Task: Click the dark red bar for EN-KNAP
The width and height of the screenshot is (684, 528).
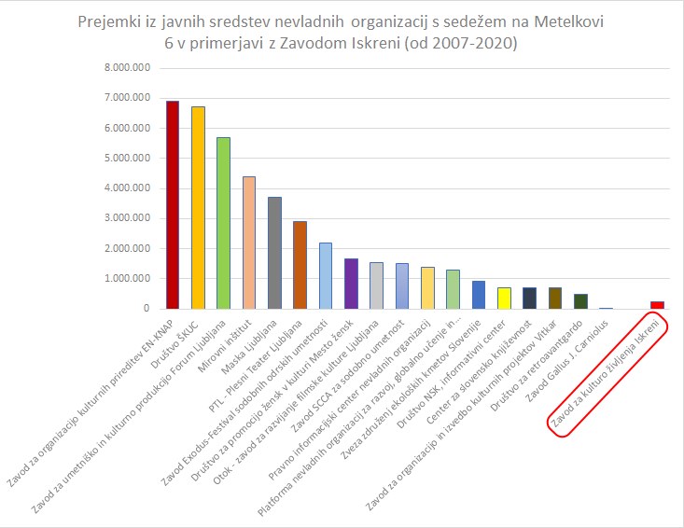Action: (x=172, y=205)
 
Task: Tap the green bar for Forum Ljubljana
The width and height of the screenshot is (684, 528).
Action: (x=223, y=223)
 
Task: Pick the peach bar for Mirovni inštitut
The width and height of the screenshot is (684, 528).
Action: (x=248, y=243)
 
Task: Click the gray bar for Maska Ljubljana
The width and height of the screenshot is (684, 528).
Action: (x=274, y=253)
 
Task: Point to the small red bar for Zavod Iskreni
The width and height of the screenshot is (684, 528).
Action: (x=657, y=304)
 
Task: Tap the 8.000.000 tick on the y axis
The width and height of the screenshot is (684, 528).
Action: (x=130, y=68)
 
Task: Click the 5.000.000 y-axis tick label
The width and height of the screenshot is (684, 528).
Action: (x=130, y=158)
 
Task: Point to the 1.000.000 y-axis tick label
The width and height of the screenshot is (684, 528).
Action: (x=130, y=278)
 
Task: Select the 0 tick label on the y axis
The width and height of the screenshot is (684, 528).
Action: (x=147, y=308)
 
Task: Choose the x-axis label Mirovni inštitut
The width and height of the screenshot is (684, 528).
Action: (x=223, y=344)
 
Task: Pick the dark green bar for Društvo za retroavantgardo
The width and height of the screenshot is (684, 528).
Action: (x=580, y=300)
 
